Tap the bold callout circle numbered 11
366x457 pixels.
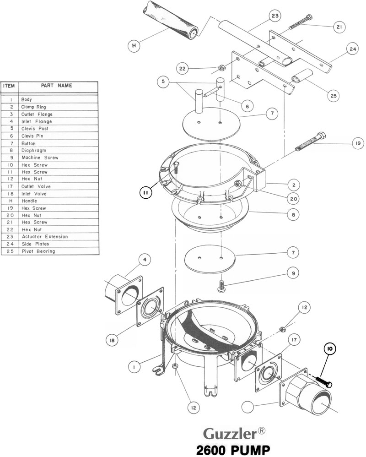pyautogui.click(x=145, y=193)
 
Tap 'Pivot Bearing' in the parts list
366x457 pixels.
pyautogui.click(x=38, y=251)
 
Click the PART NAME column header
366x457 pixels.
pyautogui.click(x=56, y=85)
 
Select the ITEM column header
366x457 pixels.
pyautogui.click(x=10, y=85)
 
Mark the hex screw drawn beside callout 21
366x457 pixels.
pyautogui.click(x=301, y=22)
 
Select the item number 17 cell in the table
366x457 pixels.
pyautogui.click(x=10, y=186)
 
